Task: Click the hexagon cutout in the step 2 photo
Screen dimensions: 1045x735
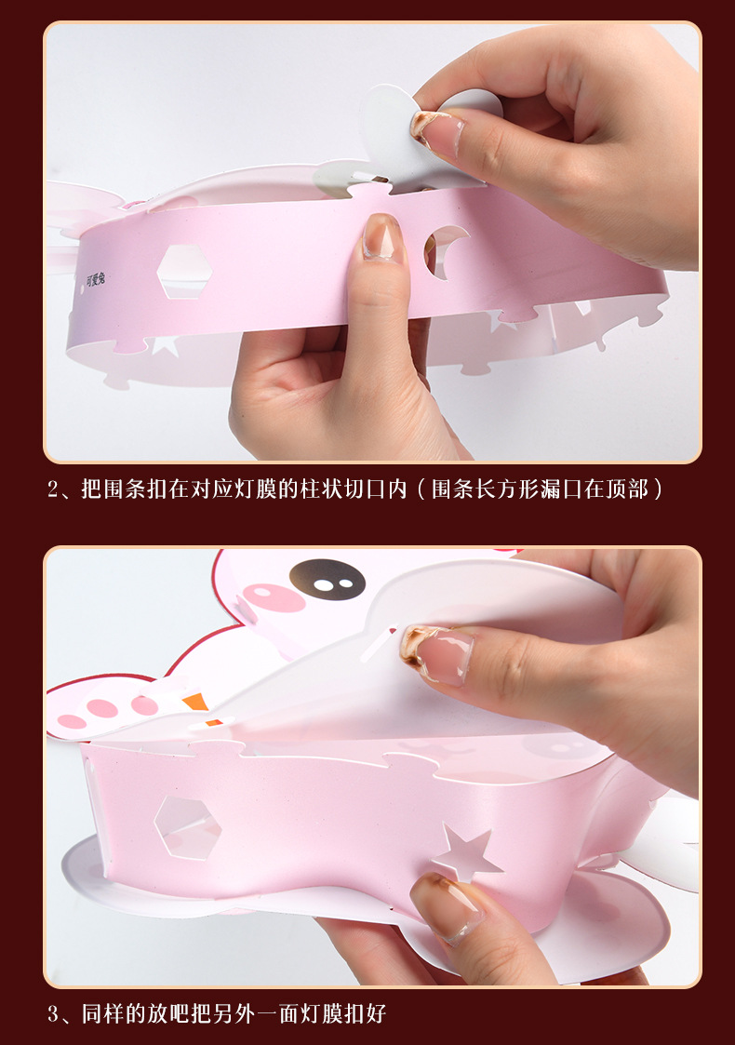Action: tap(183, 272)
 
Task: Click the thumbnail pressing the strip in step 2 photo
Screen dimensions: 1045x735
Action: tap(382, 237)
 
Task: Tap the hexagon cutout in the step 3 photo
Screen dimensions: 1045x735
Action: tap(187, 827)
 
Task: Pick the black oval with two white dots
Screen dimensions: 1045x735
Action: tap(327, 578)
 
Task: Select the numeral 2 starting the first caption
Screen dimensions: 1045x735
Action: tap(55, 489)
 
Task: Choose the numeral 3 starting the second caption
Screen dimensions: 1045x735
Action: tap(55, 1012)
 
